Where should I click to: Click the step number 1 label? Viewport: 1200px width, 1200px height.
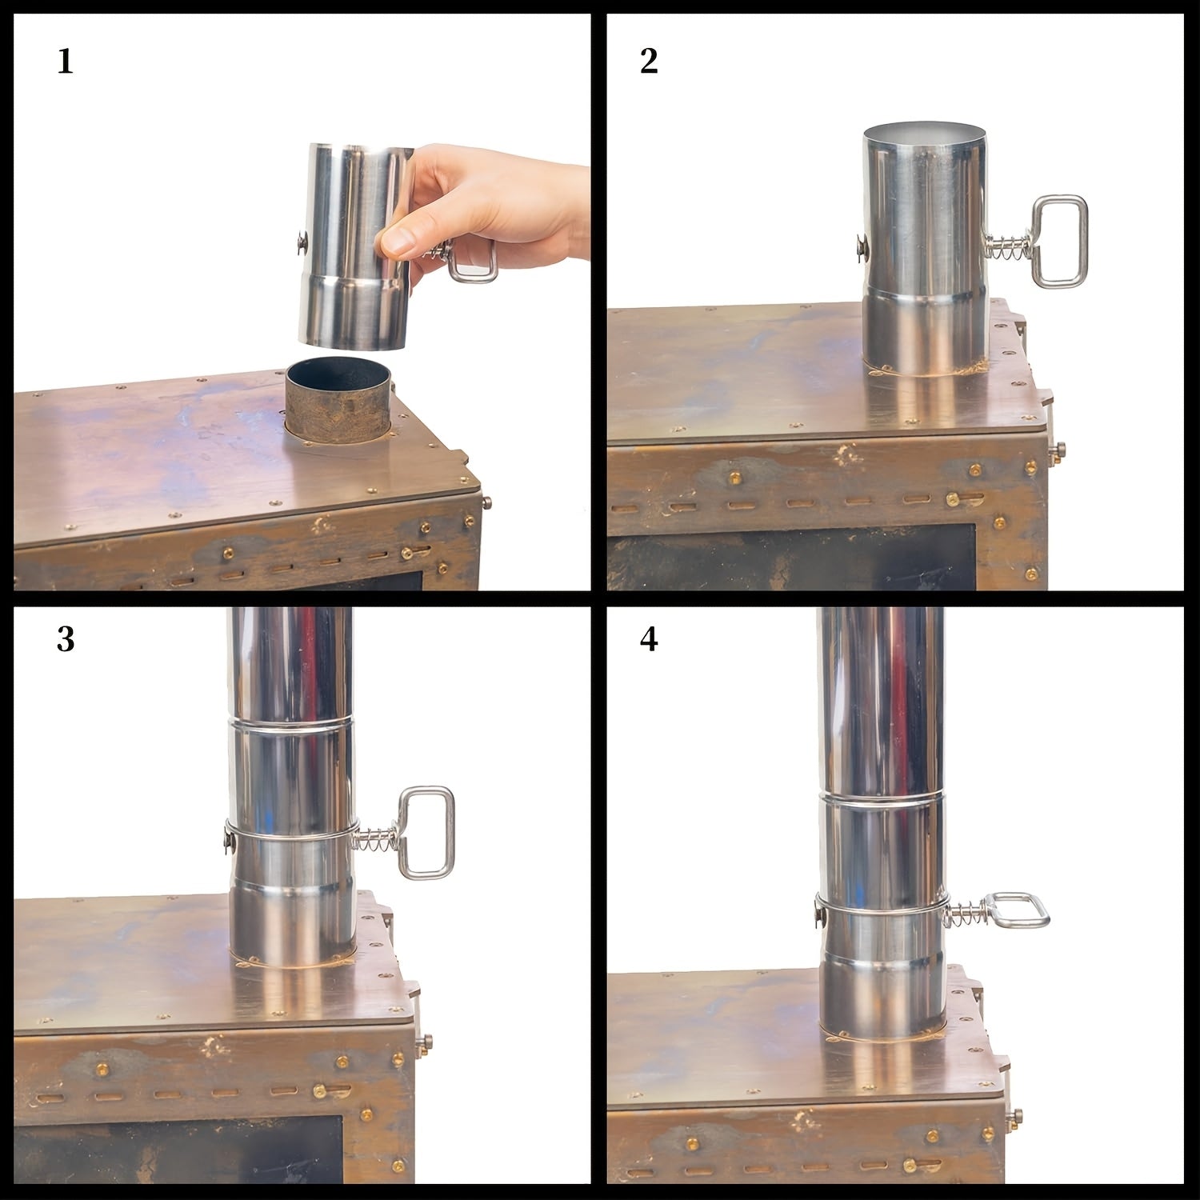click(66, 62)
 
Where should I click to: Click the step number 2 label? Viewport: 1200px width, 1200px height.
click(649, 62)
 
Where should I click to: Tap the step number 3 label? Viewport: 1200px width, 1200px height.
click(66, 640)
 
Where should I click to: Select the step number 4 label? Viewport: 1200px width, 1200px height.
click(649, 640)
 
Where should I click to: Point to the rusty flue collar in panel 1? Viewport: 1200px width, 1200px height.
click(338, 400)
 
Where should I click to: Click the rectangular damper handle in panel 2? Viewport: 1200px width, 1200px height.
click(1059, 242)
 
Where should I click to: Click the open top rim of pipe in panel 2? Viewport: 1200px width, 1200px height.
click(924, 132)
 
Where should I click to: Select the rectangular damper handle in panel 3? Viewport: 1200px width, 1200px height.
click(426, 832)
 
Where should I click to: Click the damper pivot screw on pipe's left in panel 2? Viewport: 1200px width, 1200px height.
click(860, 246)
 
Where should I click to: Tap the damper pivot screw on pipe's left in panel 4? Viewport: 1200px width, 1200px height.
click(819, 910)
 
